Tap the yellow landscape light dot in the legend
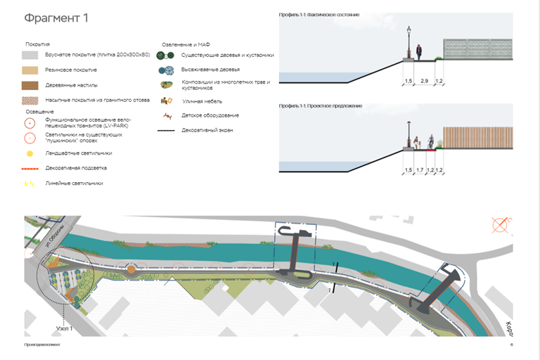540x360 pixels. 30,153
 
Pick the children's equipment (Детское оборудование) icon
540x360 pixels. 166,115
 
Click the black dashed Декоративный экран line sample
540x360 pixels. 166,130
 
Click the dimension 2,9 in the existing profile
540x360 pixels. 424,82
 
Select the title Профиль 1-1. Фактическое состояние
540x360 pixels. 319,15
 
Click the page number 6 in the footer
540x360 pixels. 511,345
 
